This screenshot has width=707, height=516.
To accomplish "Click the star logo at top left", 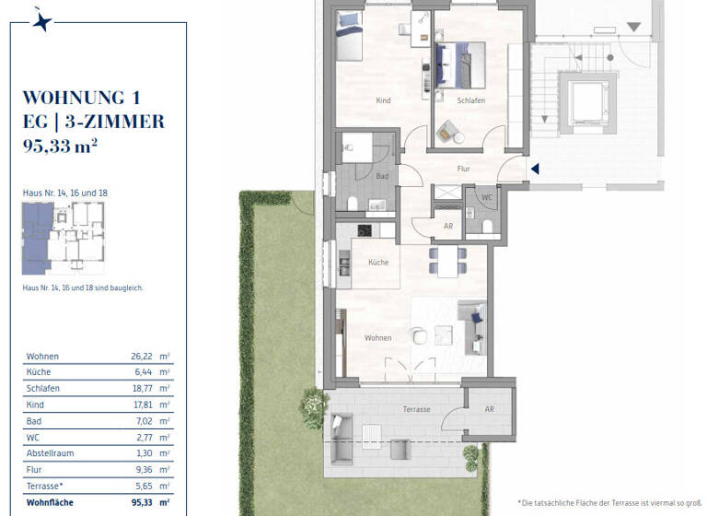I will tap(41, 21).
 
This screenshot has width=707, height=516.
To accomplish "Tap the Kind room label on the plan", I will tap(384, 100).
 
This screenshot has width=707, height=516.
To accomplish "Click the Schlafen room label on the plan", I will tap(470, 100).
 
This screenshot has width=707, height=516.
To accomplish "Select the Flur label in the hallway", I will tap(464, 170).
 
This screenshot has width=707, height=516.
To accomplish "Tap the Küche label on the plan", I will tap(377, 263).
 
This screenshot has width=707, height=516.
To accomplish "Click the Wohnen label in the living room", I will tap(377, 338).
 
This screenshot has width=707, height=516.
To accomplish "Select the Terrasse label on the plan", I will tap(416, 408).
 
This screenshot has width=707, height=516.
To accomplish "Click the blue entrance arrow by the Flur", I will tap(535, 168).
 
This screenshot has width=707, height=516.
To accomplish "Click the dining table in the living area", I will tap(447, 261).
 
